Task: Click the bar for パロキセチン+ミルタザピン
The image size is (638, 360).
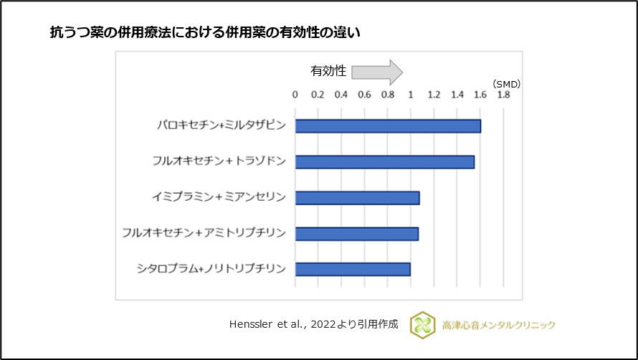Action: tap(388, 126)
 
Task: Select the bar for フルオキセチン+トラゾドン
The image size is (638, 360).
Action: tap(384, 162)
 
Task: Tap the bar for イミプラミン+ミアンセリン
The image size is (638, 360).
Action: tap(357, 197)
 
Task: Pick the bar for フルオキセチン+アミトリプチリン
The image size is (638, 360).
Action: tap(356, 233)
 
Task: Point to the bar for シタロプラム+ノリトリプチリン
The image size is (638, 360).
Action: tap(353, 269)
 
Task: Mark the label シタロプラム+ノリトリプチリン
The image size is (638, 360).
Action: tap(211, 269)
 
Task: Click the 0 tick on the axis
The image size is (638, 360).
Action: tap(295, 94)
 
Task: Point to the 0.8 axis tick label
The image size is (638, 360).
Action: tap(387, 94)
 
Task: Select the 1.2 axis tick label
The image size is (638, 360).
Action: tap(434, 94)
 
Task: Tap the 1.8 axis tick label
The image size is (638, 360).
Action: tap(503, 94)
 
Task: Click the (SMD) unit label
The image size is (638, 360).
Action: tap(506, 84)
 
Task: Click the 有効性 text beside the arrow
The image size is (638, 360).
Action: tap(328, 71)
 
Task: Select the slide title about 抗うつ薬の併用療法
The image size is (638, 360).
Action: tap(205, 32)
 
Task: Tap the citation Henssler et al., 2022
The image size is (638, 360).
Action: tap(311, 325)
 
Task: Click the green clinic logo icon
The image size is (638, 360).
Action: tap(422, 325)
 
